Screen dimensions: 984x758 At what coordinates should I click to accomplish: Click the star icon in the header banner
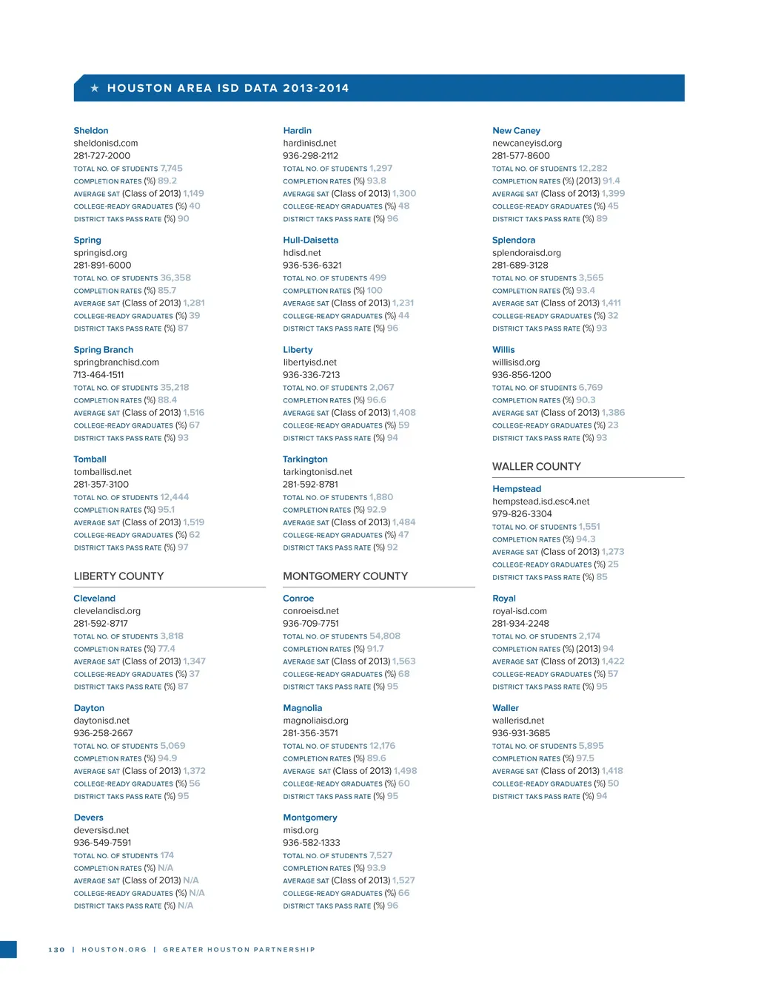(95, 88)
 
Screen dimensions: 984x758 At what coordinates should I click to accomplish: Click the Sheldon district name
(91, 131)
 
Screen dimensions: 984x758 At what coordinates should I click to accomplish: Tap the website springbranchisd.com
(116, 363)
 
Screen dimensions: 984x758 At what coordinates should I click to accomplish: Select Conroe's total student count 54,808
(385, 636)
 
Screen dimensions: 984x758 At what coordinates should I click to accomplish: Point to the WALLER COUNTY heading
(537, 467)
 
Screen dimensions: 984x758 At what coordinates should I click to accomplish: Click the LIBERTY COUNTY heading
(118, 576)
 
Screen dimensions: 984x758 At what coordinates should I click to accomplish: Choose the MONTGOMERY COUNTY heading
(345, 576)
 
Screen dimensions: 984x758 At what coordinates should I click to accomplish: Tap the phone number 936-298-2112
(310, 156)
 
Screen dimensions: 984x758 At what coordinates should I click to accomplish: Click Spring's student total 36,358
(175, 278)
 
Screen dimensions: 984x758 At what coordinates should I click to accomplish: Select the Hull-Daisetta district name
(310, 240)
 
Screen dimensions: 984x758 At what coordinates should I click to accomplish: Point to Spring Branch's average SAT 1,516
(194, 413)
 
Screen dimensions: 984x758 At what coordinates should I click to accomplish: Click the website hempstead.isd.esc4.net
(541, 502)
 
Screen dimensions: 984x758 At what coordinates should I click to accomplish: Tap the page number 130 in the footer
(56, 950)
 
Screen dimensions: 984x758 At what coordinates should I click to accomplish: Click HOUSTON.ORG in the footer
(114, 950)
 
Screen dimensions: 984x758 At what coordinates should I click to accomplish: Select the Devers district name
(89, 818)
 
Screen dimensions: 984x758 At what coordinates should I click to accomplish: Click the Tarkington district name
(305, 459)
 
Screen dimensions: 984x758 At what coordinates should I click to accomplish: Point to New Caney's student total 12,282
(593, 169)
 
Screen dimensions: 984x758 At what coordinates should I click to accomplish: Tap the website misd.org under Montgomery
(301, 830)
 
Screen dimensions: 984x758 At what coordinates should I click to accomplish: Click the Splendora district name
(514, 240)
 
